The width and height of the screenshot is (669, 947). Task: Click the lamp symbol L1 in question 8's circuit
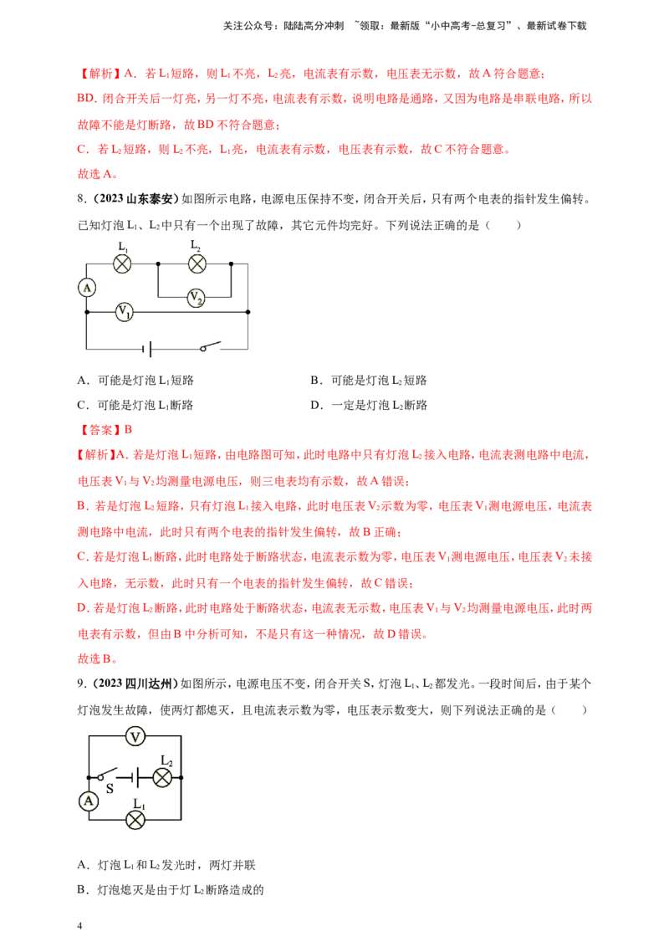click(x=123, y=264)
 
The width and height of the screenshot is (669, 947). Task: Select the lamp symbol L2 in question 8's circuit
click(x=197, y=264)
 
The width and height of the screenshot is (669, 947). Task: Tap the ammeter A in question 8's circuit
click(x=87, y=288)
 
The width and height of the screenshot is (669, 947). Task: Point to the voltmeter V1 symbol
click(x=125, y=312)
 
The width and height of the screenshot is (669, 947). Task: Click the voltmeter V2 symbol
click(x=196, y=297)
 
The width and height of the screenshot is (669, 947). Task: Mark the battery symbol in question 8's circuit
click(x=147, y=349)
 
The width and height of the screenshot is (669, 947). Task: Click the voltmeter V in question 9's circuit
click(x=135, y=736)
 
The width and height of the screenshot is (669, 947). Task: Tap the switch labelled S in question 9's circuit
click(x=108, y=775)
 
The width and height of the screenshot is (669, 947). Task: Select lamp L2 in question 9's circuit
click(x=162, y=777)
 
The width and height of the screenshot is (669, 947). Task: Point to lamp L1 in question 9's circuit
click(x=135, y=820)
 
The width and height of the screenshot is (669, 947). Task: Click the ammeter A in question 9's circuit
click(x=89, y=801)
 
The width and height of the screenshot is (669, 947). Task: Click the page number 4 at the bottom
click(x=79, y=926)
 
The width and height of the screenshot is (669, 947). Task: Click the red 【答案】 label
click(x=100, y=430)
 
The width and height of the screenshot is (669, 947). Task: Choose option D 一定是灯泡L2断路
click(x=369, y=405)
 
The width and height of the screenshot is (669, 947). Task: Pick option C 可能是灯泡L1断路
click(x=135, y=405)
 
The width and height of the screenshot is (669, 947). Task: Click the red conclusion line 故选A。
click(x=98, y=174)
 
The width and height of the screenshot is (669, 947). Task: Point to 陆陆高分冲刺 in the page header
click(x=314, y=26)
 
